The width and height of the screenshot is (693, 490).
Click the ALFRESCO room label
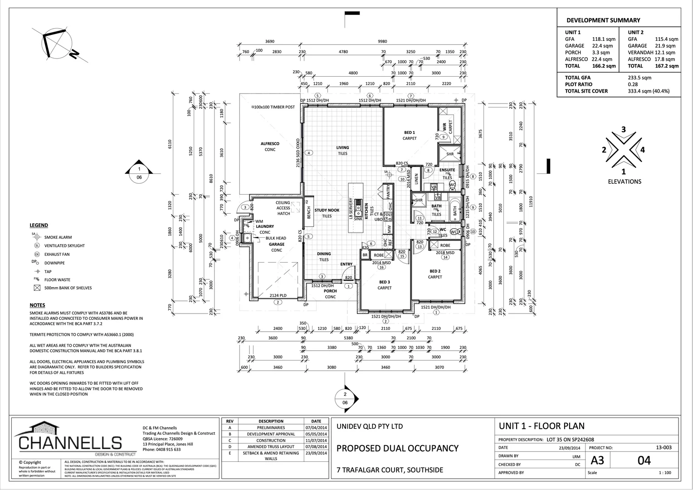click(270, 144)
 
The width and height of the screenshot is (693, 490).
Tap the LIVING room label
click(342, 147)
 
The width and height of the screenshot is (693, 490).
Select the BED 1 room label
click(410, 132)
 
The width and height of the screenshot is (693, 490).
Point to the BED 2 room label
click(435, 271)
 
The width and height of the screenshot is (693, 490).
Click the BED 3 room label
click(385, 282)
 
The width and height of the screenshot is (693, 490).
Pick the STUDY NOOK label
click(327, 211)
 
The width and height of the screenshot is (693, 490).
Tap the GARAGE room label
click(277, 245)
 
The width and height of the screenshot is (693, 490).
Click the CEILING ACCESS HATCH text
click(283, 208)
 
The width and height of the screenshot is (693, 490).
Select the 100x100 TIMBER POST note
click(273, 107)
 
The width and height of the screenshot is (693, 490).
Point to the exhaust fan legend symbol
click(37, 255)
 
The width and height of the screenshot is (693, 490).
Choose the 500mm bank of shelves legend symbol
click(37, 288)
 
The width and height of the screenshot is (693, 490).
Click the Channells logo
click(70, 438)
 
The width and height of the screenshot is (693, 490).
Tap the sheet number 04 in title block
click(644, 461)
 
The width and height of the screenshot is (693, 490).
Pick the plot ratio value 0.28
click(633, 84)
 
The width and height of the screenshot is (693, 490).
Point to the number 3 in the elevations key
click(623, 130)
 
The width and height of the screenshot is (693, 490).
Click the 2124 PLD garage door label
click(278, 295)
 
